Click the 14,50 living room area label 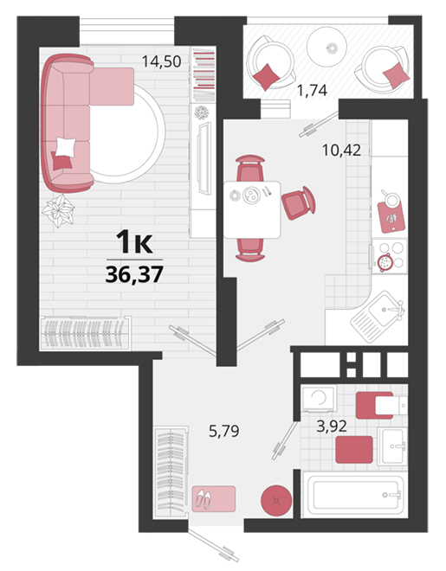pyautogui.click(x=161, y=61)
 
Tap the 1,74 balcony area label pyautogui.click(x=313, y=90)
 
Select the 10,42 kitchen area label pyautogui.click(x=342, y=150)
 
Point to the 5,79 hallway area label pyautogui.click(x=223, y=431)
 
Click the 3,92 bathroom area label pyautogui.click(x=332, y=426)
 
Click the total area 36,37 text pyautogui.click(x=134, y=274)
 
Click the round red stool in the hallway pyautogui.click(x=276, y=500)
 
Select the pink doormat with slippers pyautogui.click(x=214, y=498)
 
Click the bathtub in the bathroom pyautogui.click(x=354, y=494)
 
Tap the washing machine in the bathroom pyautogui.click(x=319, y=399)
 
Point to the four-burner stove pyautogui.click(x=390, y=256)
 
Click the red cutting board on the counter pyautogui.click(x=391, y=217)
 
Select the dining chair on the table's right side pyautogui.click(x=299, y=203)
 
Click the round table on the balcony pyautogui.click(x=326, y=47)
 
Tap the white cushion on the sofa pyautogui.click(x=66, y=147)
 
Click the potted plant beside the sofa pyautogui.click(x=58, y=210)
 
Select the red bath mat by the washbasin pyautogui.click(x=354, y=449)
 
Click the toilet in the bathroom pyautogui.click(x=381, y=405)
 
